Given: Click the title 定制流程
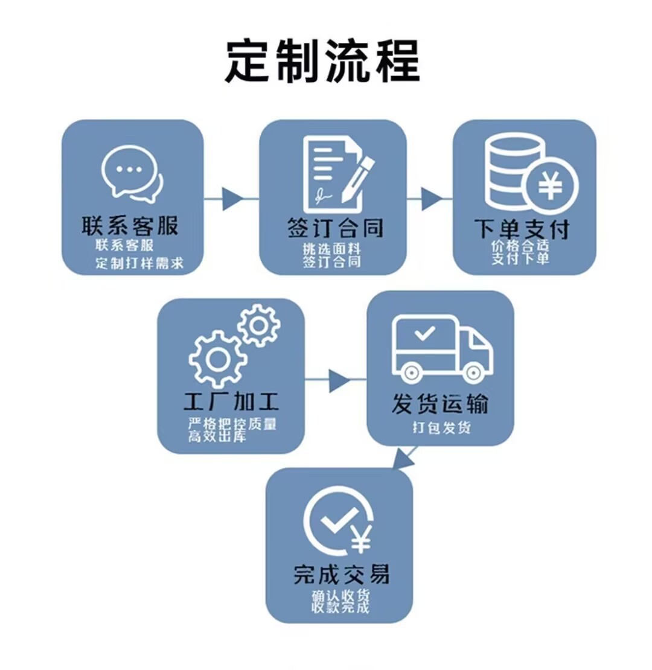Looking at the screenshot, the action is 322,61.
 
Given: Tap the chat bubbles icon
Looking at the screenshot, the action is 132,173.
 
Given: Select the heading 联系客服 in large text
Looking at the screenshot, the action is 130,226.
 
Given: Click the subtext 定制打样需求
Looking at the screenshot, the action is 139,263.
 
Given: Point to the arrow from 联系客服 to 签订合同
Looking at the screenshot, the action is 232,199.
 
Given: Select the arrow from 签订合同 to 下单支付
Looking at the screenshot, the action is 430,199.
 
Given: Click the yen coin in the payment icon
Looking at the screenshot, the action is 550,186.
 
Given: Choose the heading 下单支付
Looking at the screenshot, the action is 522,229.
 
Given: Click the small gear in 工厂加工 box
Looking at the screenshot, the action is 259,325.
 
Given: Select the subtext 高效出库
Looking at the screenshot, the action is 217,436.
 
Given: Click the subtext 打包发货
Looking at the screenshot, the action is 441,428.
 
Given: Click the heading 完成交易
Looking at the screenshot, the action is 341,573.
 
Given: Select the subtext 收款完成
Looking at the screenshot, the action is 340,607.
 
